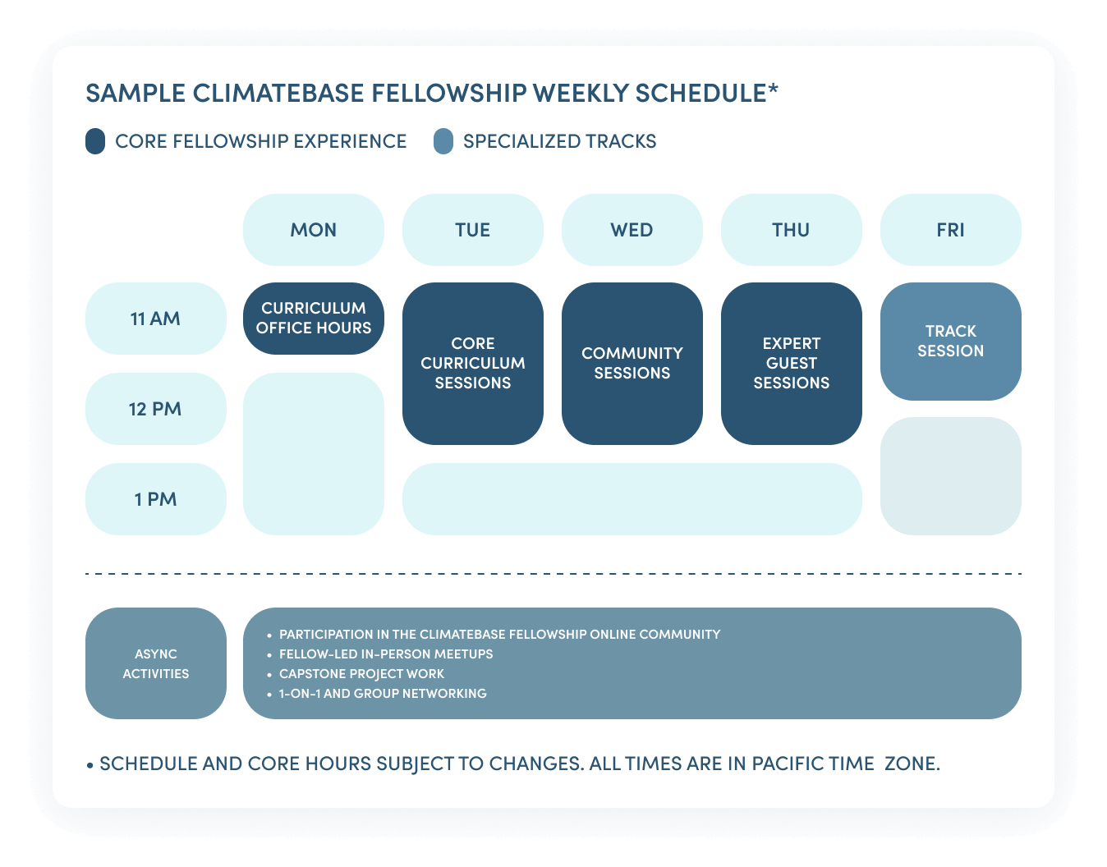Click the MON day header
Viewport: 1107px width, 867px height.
coord(314,230)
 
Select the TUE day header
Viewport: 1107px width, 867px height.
coord(473,230)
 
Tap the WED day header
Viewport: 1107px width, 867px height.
coord(632,230)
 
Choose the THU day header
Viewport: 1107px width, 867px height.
coord(791,230)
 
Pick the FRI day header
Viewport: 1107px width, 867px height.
coord(951,230)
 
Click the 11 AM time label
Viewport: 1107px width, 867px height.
coord(156,319)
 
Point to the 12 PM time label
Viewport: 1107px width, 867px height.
coord(156,409)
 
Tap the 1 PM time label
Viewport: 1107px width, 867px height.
coord(156,499)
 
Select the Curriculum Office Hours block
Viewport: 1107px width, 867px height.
coord(314,319)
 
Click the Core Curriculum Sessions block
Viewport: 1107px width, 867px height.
coord(473,364)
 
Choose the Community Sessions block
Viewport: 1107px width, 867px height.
coord(632,364)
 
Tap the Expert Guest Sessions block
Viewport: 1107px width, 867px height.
coord(791,364)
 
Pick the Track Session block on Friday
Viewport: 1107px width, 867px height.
coord(951,342)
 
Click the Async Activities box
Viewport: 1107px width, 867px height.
coord(156,663)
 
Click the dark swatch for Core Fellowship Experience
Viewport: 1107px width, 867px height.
coord(95,141)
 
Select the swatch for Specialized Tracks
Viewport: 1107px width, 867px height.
coord(443,141)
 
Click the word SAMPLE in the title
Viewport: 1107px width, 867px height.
coord(136,93)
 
